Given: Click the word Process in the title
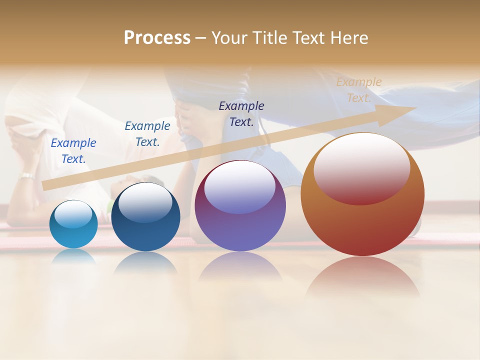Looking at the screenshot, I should tap(157, 38).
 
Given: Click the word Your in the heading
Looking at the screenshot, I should tap(229, 38).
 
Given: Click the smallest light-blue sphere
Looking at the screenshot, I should tap(73, 224).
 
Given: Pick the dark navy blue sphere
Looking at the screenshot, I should tap(145, 216).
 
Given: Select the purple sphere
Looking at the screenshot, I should tap(240, 205).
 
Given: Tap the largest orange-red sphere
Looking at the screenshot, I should tap(362, 194).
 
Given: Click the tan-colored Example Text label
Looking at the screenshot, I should tap(358, 90).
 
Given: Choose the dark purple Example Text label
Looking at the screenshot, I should tap(241, 113).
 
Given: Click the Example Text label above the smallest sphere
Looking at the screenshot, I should tap(73, 150).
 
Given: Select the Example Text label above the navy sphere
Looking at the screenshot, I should tap(147, 133).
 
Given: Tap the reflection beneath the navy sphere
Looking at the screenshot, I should tap(145, 262).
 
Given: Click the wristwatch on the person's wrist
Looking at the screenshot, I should tap(26, 175).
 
